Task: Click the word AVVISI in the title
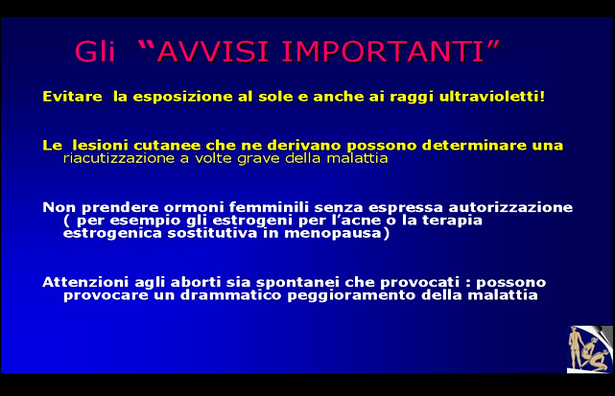click(213, 52)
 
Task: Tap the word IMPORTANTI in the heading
click(383, 52)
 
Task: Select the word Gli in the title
click(95, 52)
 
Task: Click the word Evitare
click(72, 97)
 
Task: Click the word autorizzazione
click(510, 207)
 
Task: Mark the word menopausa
click(333, 233)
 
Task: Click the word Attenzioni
click(85, 282)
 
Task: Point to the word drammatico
click(230, 295)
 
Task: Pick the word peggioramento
click(352, 295)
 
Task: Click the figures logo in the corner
click(589, 349)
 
